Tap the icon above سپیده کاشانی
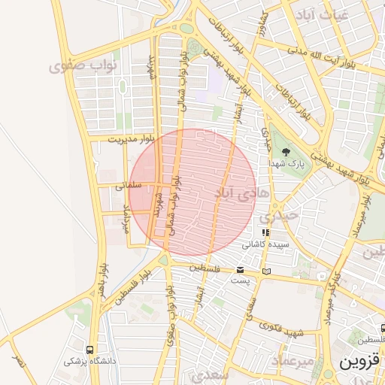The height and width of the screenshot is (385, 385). pyautogui.click(x=265, y=233)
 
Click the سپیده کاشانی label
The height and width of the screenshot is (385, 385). pyautogui.click(x=263, y=245)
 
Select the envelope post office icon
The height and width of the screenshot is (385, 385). pyautogui.click(x=241, y=270)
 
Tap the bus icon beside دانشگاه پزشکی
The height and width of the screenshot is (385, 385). pyautogui.click(x=90, y=350)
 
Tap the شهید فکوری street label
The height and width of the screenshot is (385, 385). pyautogui.click(x=280, y=329)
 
